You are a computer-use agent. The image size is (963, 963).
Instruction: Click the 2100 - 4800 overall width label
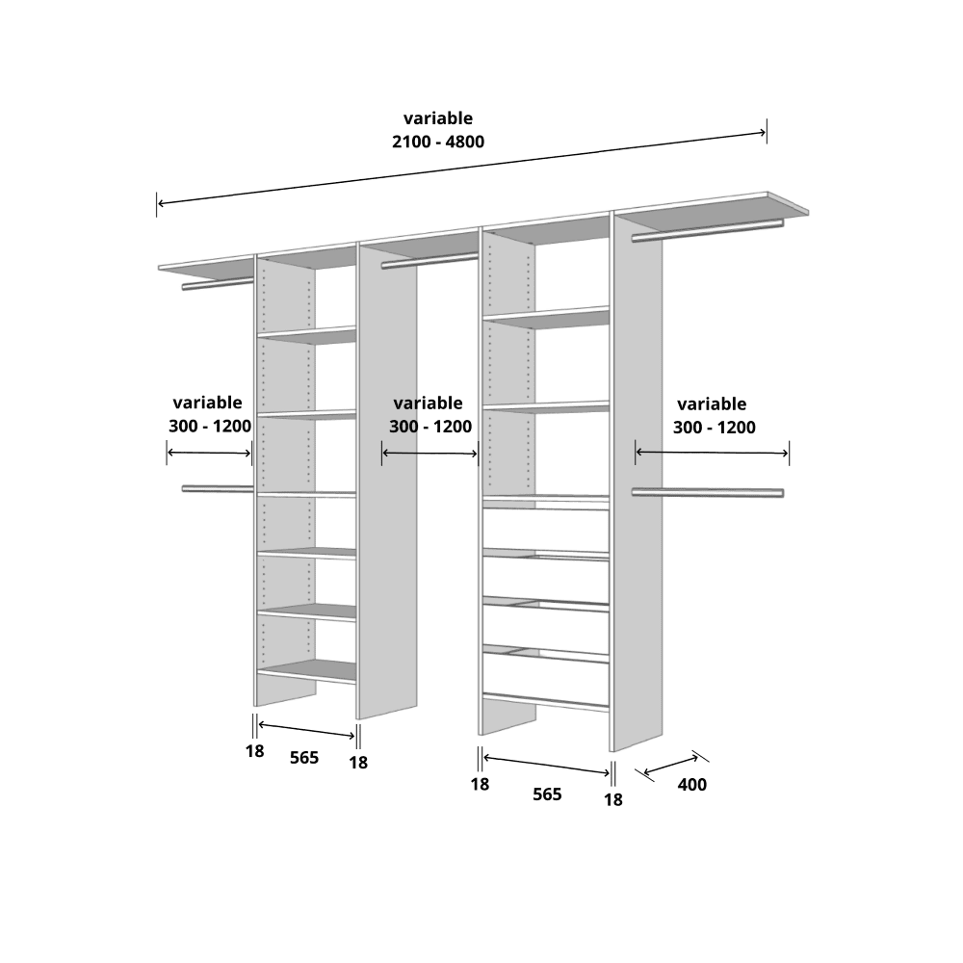(438, 142)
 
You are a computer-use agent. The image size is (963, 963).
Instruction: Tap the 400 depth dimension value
(692, 785)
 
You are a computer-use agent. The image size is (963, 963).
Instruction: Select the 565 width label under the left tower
(304, 758)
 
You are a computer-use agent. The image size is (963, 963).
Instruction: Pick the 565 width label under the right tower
(547, 794)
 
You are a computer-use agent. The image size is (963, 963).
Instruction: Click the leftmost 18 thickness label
(255, 751)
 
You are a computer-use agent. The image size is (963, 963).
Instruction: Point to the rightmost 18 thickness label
(612, 799)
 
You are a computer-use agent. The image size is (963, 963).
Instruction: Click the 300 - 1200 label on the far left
(210, 427)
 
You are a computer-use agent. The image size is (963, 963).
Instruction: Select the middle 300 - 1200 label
(430, 427)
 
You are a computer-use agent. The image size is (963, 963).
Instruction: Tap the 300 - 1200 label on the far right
(715, 428)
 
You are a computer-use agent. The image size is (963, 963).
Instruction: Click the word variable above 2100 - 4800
(438, 117)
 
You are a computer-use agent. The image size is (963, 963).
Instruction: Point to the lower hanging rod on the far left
(218, 489)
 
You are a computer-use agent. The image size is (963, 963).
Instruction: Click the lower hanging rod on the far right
(708, 492)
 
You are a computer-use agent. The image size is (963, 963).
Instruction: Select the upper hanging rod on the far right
(708, 230)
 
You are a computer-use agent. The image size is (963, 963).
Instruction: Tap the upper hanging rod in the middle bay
(429, 261)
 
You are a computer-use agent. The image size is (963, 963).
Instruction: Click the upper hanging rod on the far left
(218, 284)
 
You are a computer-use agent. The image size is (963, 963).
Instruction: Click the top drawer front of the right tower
(546, 530)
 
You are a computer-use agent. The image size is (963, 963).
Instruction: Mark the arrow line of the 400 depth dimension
(670, 765)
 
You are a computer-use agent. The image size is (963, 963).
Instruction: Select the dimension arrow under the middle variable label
(429, 454)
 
